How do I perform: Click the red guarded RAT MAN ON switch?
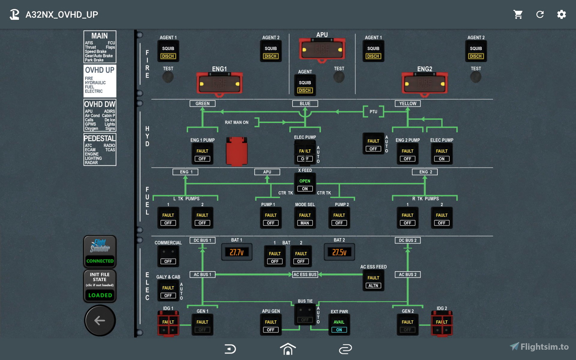click(x=237, y=151)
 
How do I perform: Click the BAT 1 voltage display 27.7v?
click(x=237, y=252)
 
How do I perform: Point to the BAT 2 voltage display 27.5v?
click(x=339, y=252)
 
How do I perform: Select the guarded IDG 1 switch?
click(x=168, y=323)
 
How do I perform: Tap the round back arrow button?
click(x=100, y=321)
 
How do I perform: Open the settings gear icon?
click(x=561, y=14)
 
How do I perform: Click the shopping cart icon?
click(x=518, y=14)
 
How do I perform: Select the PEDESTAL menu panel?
click(x=100, y=149)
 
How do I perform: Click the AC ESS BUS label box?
click(x=305, y=274)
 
